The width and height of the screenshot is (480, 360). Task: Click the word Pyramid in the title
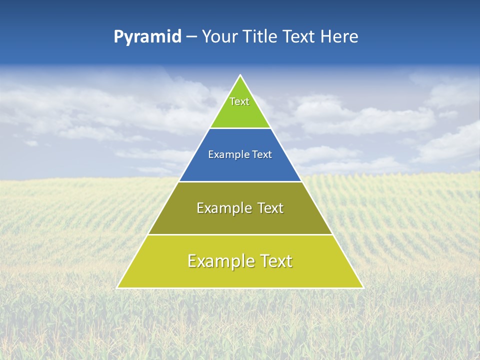tap(147, 37)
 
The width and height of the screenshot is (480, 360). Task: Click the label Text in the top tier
tap(239, 101)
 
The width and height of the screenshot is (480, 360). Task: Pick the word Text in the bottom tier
tap(275, 261)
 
